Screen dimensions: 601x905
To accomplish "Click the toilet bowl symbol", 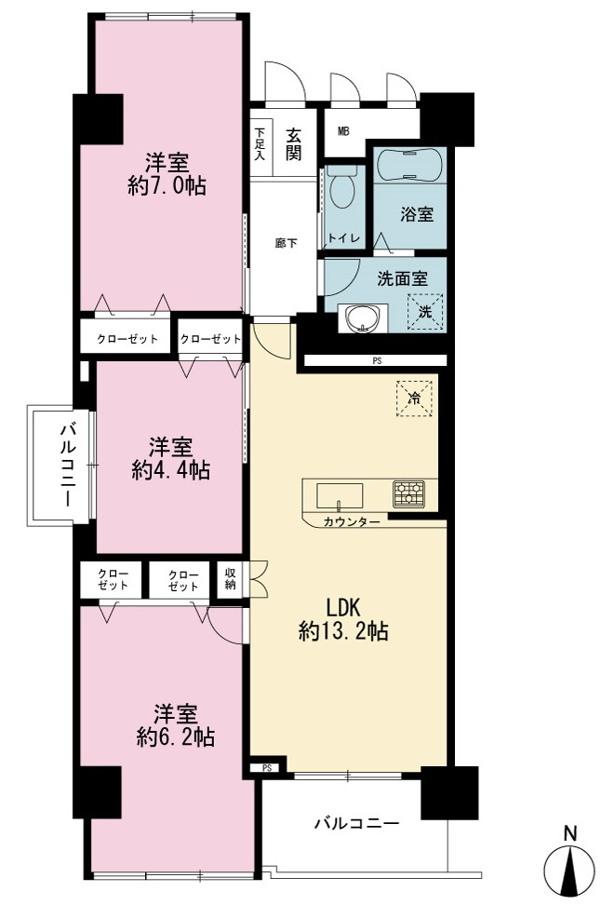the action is pos(343,187).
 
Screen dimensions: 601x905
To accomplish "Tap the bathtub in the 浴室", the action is pos(410,166).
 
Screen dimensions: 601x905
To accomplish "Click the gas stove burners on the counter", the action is pos(408,494).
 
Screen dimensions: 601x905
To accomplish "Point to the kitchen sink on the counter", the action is pos(340,496).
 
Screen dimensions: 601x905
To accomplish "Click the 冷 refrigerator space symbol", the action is pos(414,398).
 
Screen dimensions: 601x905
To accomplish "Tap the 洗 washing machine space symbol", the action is pos(425,312).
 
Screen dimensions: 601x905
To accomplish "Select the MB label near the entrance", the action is pos(343,131).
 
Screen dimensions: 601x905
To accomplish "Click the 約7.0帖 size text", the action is pos(167,186).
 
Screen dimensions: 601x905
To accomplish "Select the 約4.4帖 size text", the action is pos(171,470).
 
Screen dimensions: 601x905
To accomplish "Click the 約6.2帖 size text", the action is pos(176,737).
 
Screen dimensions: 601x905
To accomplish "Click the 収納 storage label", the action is pos(231,579).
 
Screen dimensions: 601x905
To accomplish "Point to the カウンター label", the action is pos(352,522).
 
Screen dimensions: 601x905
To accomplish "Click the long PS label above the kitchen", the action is pos(377,361).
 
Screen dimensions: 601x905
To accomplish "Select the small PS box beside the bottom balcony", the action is pos(266,768).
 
